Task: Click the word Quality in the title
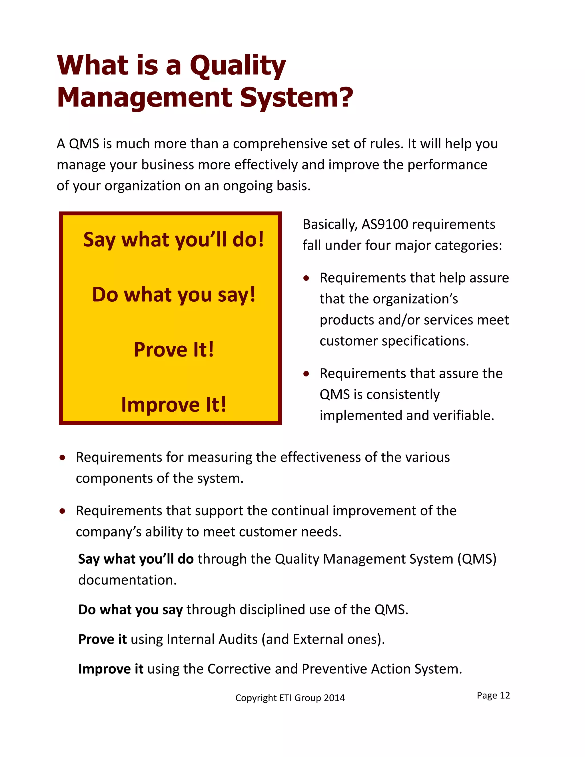coord(238,66)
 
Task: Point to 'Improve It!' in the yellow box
coord(174,404)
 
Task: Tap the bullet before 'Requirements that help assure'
coord(306,278)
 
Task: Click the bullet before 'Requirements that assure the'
coord(306,374)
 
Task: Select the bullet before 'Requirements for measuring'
coord(62,458)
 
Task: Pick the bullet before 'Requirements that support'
coord(62,511)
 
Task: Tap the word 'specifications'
coord(425,341)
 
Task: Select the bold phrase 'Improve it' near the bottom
coord(111,669)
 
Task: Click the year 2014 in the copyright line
coord(334,698)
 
